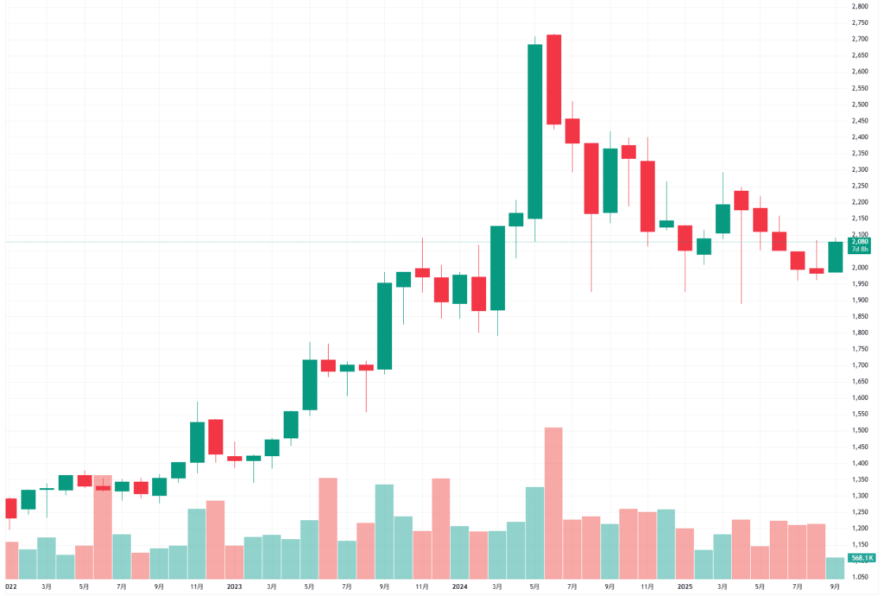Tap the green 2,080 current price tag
click(x=860, y=242)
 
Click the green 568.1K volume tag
click(x=859, y=558)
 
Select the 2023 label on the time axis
click(x=234, y=586)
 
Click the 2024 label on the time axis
click(x=459, y=586)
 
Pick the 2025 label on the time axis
click(x=685, y=586)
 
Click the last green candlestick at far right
click(x=835, y=257)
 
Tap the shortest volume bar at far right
click(x=835, y=567)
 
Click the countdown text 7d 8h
click(x=860, y=250)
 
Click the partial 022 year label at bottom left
click(x=11, y=586)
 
